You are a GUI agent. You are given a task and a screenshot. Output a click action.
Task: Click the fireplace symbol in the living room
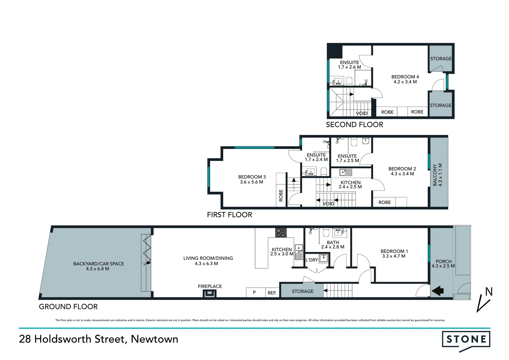(x=210, y=293)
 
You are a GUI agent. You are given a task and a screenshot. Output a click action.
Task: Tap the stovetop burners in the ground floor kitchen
(x=280, y=232)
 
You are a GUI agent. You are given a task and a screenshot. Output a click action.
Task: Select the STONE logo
(x=466, y=340)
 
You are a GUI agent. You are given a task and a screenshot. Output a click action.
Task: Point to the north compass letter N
(x=488, y=292)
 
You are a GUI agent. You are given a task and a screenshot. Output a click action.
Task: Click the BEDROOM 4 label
(x=405, y=77)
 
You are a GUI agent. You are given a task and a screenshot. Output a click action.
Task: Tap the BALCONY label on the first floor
(x=435, y=175)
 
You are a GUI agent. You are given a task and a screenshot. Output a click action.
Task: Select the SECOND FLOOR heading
(x=354, y=125)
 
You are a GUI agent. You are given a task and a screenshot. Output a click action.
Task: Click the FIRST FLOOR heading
(x=230, y=215)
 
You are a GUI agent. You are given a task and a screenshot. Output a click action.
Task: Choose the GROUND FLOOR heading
(x=68, y=307)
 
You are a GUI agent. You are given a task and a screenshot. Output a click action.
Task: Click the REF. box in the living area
(x=272, y=293)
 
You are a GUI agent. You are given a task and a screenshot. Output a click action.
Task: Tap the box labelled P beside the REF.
(x=254, y=292)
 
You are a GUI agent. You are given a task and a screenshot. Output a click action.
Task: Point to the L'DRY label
(x=311, y=260)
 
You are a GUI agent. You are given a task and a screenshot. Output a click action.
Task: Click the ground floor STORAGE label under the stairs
(x=302, y=291)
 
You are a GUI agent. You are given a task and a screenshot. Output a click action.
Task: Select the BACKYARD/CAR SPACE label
(x=99, y=264)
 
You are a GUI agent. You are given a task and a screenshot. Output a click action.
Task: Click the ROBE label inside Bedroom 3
(x=281, y=195)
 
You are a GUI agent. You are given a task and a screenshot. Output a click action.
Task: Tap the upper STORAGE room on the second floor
(x=441, y=59)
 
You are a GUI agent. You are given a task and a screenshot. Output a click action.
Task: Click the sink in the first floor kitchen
(x=345, y=172)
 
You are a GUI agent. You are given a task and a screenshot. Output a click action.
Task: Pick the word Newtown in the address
(x=155, y=339)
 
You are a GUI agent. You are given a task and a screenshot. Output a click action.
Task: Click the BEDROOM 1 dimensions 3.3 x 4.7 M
(x=394, y=256)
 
